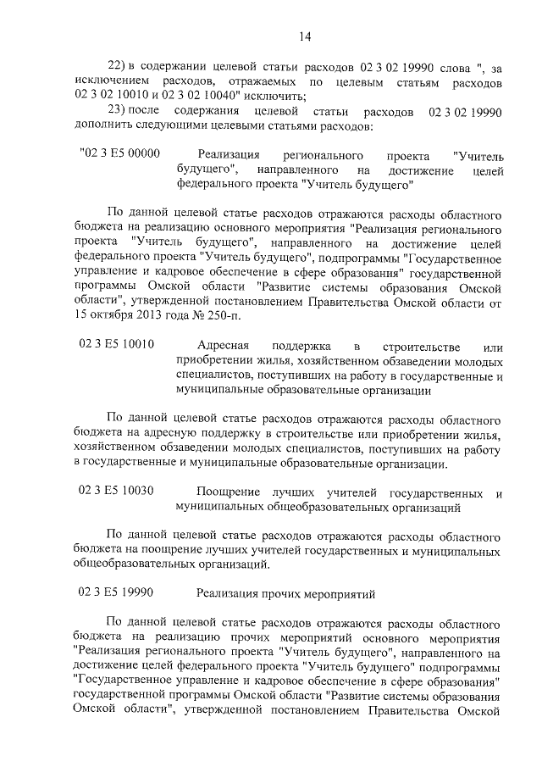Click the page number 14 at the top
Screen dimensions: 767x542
305,36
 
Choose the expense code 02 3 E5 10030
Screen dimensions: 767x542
117,492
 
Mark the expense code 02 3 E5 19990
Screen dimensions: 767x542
117,592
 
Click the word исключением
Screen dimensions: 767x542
106,82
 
